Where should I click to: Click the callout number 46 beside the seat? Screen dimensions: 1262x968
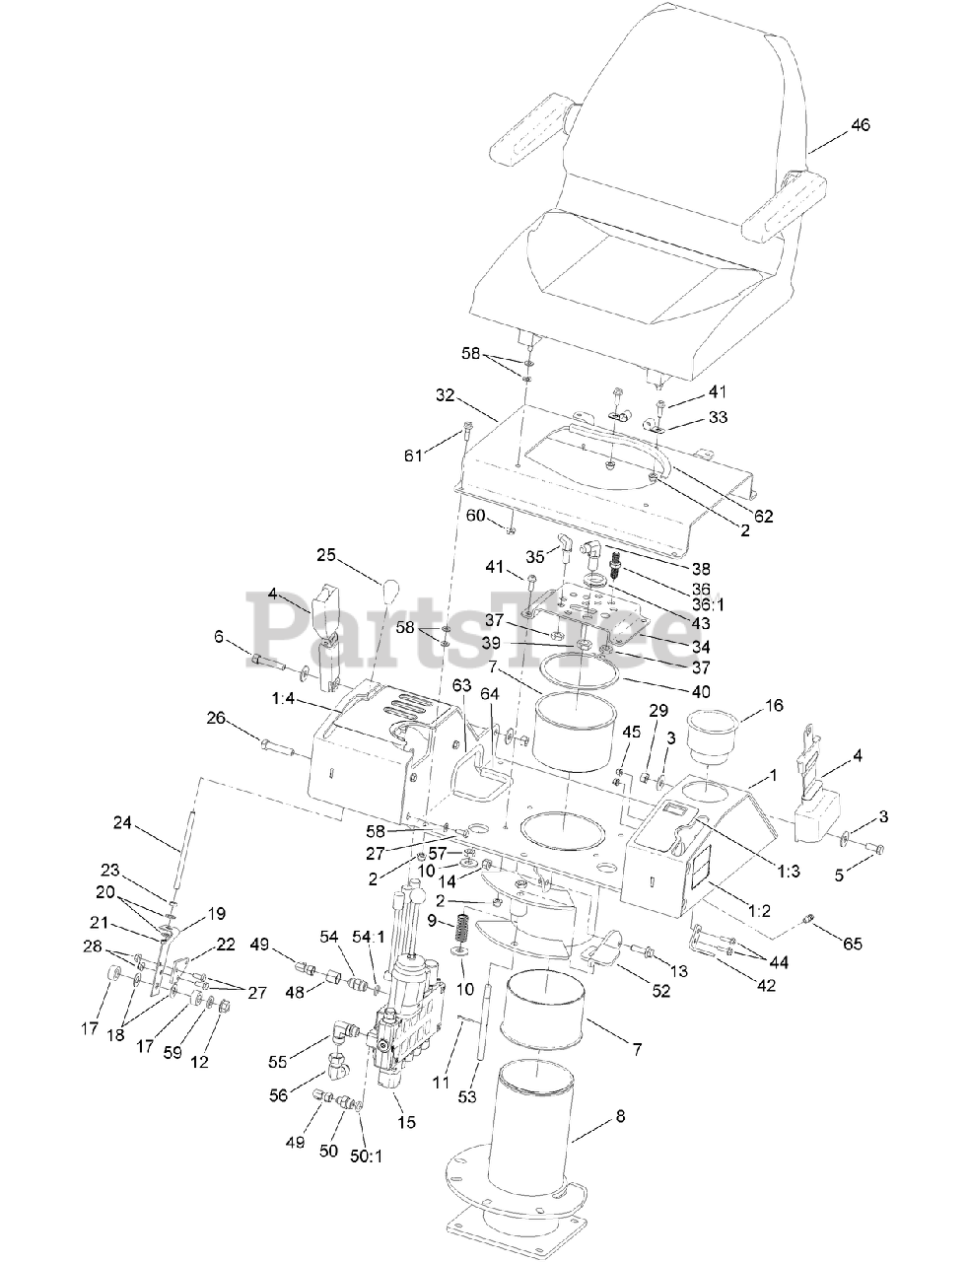860,125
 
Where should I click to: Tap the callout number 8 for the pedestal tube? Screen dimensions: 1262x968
619,1116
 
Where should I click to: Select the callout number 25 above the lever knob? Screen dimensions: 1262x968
326,556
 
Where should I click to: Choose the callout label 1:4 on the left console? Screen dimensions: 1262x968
282,698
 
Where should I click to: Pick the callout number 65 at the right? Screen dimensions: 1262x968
852,944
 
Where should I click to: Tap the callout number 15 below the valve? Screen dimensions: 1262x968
406,1121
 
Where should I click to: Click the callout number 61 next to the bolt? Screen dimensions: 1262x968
412,455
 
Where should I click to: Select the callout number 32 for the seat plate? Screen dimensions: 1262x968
446,395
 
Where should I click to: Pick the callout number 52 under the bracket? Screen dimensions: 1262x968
660,991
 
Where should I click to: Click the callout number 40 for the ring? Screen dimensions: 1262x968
700,692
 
